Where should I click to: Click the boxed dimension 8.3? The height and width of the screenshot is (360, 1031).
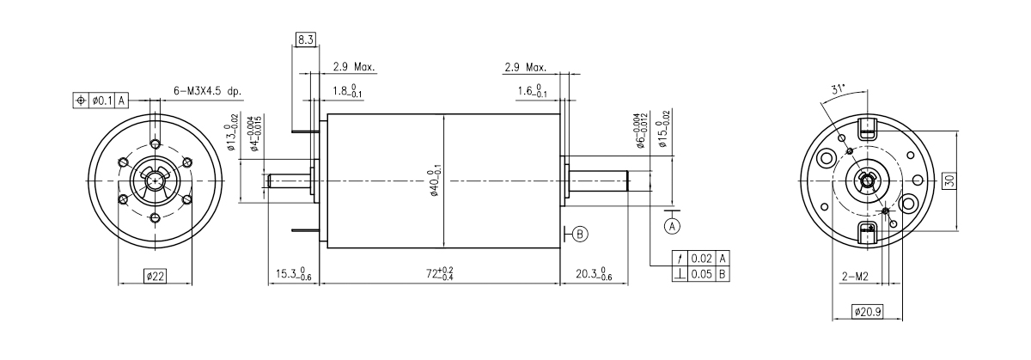[x=305, y=40]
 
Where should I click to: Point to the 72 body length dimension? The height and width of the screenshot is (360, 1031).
[x=440, y=273]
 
